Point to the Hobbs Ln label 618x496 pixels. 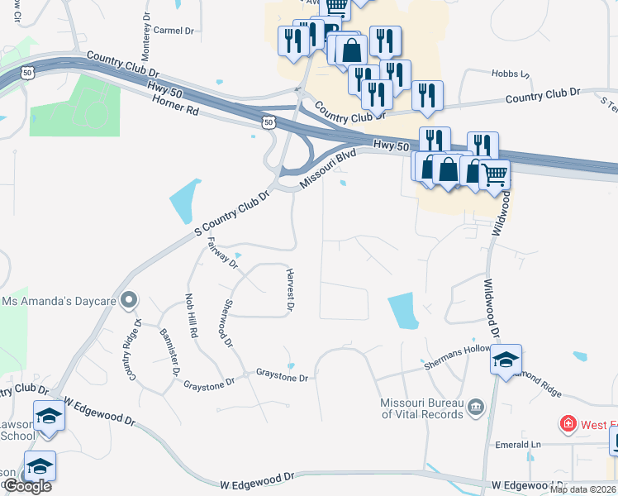(510, 74)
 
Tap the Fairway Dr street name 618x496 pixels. (222, 252)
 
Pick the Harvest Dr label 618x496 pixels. (290, 290)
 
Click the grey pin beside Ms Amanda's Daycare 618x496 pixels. (128, 301)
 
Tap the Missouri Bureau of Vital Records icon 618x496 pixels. (475, 406)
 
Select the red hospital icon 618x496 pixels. (568, 425)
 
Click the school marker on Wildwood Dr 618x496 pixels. (506, 360)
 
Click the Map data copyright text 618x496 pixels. (582, 489)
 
